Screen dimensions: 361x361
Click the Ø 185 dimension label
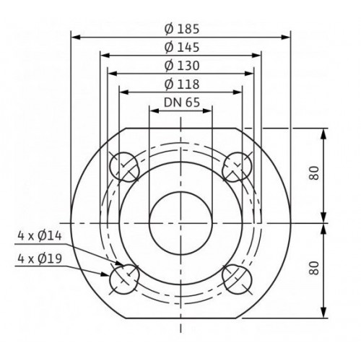pos(182,29)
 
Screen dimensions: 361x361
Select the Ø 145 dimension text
pos(182,47)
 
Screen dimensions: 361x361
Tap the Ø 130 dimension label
pos(182,66)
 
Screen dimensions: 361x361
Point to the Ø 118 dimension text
pos(182,84)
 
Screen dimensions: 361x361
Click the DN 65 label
pos(182,103)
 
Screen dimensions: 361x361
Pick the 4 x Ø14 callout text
pos(40,235)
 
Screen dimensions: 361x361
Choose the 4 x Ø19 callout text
pos(40,258)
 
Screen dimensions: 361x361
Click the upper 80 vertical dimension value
pos(314,173)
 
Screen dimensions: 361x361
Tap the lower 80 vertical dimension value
pos(314,268)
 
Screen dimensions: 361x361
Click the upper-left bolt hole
pos(124,167)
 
